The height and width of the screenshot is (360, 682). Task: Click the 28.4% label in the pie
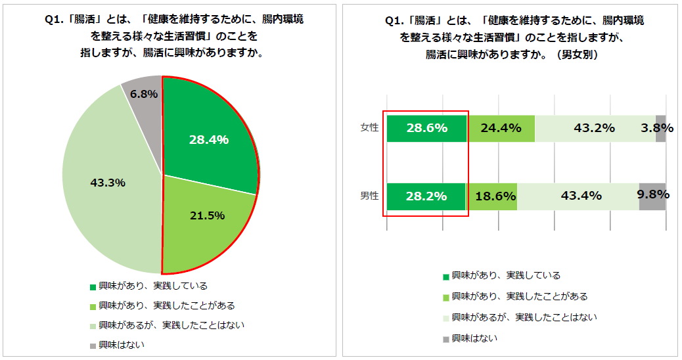[x=208, y=139]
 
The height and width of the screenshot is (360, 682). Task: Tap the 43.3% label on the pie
[x=107, y=183]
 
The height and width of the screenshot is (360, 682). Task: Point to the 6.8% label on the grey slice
[x=143, y=94]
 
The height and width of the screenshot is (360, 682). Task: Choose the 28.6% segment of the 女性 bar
[x=426, y=128]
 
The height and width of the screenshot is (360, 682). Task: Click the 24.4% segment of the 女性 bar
[x=501, y=128]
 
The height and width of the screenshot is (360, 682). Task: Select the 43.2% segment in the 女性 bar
[x=594, y=128]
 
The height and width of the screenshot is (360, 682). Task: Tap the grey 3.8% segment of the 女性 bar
[x=660, y=128]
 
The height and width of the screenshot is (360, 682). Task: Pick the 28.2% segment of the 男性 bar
[x=426, y=196]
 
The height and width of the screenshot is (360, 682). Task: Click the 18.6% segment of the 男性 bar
[x=491, y=196]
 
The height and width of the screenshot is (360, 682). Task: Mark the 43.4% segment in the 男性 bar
[x=578, y=196]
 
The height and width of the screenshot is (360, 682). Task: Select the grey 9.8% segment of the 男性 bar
[x=652, y=196]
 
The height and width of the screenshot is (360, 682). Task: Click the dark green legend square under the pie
[x=93, y=286]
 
